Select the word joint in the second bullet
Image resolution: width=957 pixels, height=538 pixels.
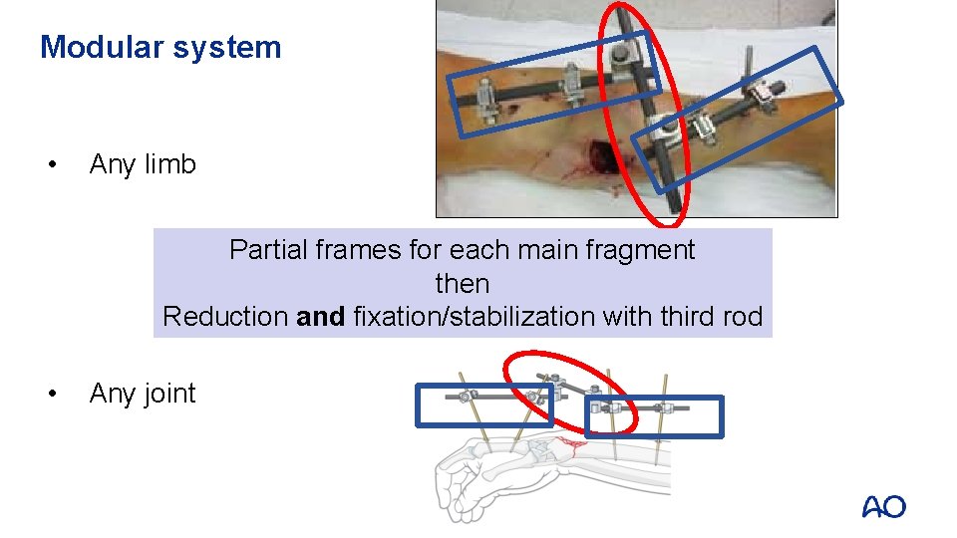tap(170, 394)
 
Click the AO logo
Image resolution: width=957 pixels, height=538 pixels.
tap(883, 507)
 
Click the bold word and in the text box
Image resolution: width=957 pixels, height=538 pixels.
tap(321, 317)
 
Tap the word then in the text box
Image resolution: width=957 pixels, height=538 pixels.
tap(462, 284)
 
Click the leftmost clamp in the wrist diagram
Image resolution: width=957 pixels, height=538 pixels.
tap(465, 396)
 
